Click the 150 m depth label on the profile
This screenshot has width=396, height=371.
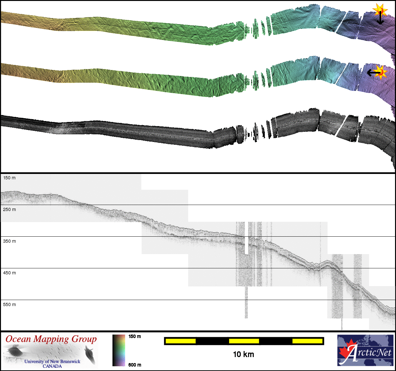[10, 178]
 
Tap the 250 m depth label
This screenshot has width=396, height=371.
[10, 209]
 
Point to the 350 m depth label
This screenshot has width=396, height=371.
[10, 241]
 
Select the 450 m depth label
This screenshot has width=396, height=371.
[10, 273]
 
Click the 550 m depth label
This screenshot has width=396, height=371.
[10, 304]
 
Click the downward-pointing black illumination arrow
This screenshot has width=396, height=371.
[380, 18]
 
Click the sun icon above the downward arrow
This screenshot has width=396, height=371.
[380, 10]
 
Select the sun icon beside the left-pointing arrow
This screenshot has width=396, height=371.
[381, 73]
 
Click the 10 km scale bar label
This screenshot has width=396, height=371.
[244, 355]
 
